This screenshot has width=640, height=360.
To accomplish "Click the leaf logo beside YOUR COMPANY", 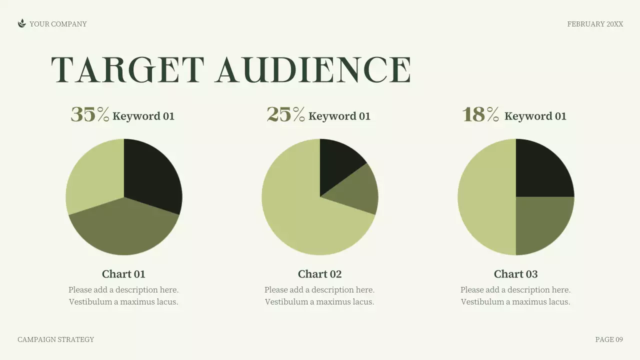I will (x=21, y=23).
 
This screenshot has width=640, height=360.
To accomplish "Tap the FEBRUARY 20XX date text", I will (x=595, y=24).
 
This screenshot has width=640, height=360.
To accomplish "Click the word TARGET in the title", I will (x=128, y=69).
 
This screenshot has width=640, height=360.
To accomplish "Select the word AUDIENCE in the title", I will (x=313, y=69).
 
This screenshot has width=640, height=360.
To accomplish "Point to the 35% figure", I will (x=90, y=114).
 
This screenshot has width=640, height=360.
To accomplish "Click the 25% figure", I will (x=285, y=114).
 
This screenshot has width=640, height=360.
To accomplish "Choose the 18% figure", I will (x=480, y=114).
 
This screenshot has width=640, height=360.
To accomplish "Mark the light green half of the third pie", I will (x=485, y=197).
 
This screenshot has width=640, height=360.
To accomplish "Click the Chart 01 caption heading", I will (x=123, y=274).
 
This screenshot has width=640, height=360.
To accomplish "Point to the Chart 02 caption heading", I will (x=319, y=274).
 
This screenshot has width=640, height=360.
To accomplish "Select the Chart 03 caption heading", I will (x=515, y=274).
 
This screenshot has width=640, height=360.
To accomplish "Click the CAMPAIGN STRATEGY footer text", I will (x=55, y=339).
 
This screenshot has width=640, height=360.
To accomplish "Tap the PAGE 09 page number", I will (x=609, y=339).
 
